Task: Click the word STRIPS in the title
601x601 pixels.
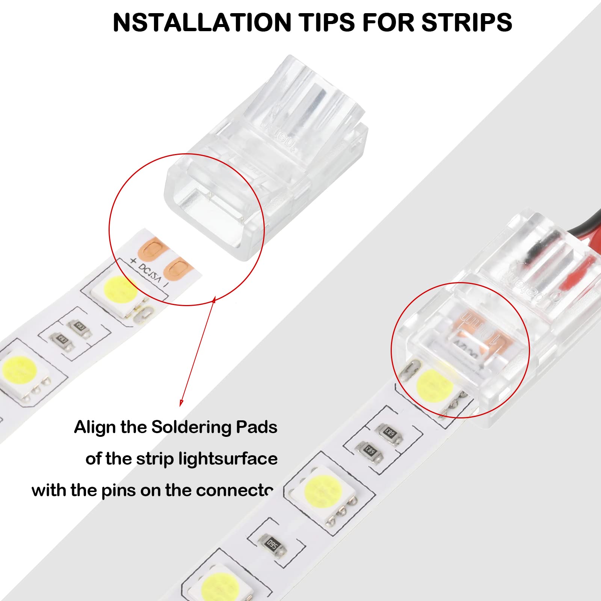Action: pyautogui.click(x=467, y=23)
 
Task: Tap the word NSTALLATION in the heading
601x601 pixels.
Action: pyautogui.click(x=202, y=23)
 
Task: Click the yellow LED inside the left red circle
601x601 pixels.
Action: pyautogui.click(x=120, y=290)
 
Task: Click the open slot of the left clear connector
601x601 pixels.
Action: pyautogui.click(x=212, y=210)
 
